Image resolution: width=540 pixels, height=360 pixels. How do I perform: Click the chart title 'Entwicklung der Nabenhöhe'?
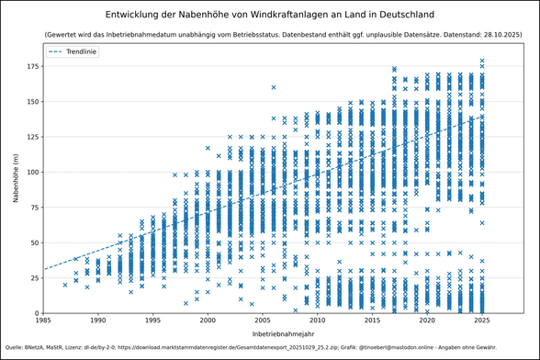(x=270, y=16)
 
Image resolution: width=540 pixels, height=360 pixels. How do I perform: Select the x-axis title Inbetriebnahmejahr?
(x=270, y=332)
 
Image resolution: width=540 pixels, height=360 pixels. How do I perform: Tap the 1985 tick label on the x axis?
(x=43, y=321)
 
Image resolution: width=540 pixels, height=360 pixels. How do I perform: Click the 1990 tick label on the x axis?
(x=97, y=321)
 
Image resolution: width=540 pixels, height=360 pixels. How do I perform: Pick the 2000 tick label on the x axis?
(x=208, y=321)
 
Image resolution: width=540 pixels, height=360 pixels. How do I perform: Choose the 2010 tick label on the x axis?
(x=318, y=321)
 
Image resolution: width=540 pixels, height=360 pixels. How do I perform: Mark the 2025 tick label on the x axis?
(x=482, y=321)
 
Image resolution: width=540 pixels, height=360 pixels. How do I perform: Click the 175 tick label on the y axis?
(x=31, y=66)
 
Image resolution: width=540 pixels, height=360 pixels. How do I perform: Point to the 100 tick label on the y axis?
(x=31, y=172)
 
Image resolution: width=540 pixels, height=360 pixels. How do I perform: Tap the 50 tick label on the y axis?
(x=34, y=242)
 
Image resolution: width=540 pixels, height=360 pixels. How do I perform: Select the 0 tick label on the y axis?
(x=37, y=313)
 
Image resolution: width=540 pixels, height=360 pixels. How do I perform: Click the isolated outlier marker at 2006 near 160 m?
(x=274, y=87)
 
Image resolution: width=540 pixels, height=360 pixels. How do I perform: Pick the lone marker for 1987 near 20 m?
(x=65, y=285)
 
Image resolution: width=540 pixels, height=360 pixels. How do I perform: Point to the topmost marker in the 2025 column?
(x=482, y=61)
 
